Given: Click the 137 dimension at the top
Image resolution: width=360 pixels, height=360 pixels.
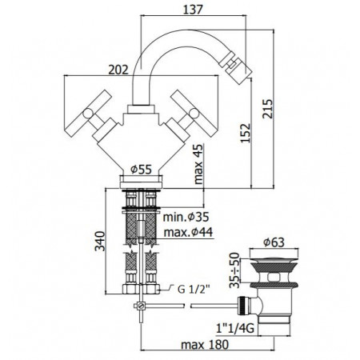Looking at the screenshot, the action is (193, 10).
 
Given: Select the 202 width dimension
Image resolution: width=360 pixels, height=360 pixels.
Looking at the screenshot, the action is (118, 70).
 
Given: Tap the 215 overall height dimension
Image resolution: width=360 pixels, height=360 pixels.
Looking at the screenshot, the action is (268, 109).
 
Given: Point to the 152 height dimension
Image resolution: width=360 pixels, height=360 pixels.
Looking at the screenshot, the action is (246, 133).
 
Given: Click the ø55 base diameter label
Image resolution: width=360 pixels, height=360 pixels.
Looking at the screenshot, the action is (141, 169).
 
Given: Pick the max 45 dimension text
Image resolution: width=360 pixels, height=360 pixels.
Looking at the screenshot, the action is (198, 164).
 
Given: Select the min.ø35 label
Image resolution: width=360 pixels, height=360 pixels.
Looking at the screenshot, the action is (186, 217).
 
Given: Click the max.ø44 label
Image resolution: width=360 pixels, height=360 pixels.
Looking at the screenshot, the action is (188, 232).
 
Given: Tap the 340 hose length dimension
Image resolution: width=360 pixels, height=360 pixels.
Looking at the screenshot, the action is (100, 242).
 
